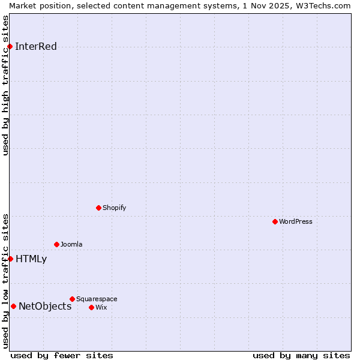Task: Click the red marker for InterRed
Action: tap(10, 47)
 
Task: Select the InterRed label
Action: tap(36, 47)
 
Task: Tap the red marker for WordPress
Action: tap(275, 221)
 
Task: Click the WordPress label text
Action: tap(296, 221)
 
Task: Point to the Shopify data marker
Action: tap(98, 208)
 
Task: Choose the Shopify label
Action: tap(114, 208)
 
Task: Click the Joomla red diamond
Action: tap(56, 244)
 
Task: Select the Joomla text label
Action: tap(71, 244)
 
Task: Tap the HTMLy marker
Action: tap(10, 259)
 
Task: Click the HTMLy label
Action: tap(31, 259)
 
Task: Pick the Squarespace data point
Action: tap(72, 299)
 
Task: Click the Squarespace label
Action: tap(97, 299)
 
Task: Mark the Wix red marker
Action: tap(91, 307)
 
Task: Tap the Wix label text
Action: tap(101, 307)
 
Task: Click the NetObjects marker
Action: tap(13, 306)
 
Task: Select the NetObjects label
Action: tap(45, 306)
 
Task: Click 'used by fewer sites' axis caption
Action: tap(62, 355)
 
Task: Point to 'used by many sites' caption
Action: tap(301, 355)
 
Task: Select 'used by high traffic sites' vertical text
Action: tap(5, 85)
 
